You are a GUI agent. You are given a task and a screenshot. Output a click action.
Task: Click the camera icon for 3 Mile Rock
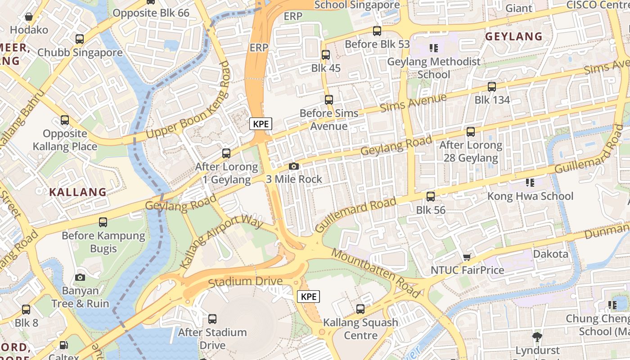coord(294,166)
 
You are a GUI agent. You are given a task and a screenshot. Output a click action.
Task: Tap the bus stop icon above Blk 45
coord(325,55)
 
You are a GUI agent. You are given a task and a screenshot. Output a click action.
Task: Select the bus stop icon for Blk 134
coord(492,87)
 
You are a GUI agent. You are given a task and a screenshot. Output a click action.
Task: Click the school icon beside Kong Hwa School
coord(530,183)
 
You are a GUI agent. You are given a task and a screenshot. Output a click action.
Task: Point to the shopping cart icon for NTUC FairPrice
coord(467,257)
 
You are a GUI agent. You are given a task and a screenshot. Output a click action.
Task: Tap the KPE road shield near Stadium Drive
coord(309,297)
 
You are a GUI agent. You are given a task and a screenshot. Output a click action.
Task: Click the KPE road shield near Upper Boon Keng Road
coord(261,124)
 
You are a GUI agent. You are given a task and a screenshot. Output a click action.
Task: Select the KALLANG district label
coord(78,192)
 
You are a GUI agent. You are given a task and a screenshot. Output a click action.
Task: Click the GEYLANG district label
coord(513,36)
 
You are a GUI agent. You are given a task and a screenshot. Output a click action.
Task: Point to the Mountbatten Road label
coord(376,273)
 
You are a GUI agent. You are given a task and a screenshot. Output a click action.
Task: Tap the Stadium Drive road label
coord(245,282)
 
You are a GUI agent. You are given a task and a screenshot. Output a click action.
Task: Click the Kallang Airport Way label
coord(221,241)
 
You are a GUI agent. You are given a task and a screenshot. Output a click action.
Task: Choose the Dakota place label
coord(550,254)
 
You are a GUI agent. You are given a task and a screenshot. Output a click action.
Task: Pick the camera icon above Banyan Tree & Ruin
coord(80,277)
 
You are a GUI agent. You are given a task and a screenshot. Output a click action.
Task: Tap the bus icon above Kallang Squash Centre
coord(360,309)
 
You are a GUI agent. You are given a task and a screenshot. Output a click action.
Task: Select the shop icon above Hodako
coord(29,17)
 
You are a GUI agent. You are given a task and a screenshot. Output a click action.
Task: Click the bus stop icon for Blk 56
coord(431,197)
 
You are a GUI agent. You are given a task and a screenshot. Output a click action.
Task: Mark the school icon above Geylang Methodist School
coord(434,48)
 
